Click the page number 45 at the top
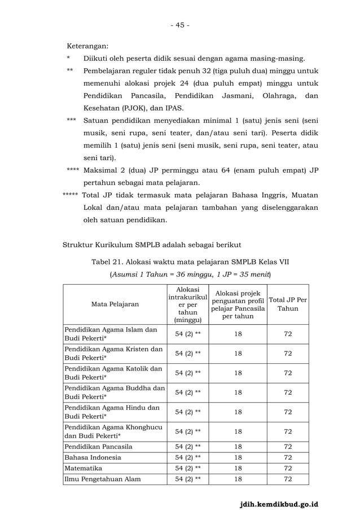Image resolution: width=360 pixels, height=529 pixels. coord(181,25)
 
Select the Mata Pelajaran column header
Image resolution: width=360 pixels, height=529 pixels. coord(115,305)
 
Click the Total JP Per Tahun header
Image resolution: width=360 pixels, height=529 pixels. coord(288,305)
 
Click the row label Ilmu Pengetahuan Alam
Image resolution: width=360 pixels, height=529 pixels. coord(103,479)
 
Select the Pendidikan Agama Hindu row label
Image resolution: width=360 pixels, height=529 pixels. coord(112,412)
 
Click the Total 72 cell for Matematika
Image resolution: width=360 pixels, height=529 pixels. coord(288,468)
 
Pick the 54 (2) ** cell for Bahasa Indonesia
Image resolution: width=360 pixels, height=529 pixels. coord(188,457)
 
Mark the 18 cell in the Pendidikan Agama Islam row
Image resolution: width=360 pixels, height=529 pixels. coord(238,334)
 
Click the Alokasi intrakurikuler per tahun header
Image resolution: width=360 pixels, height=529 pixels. coord(188,305)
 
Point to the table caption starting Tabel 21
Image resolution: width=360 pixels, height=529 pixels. coord(190,262)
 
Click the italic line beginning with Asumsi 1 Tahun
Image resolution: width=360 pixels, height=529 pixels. coord(190,275)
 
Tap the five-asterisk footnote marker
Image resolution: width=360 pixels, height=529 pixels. coord(71,196)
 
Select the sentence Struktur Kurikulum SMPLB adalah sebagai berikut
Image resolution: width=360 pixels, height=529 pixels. coord(151,244)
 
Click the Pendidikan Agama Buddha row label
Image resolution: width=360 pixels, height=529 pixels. coord(115,393)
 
